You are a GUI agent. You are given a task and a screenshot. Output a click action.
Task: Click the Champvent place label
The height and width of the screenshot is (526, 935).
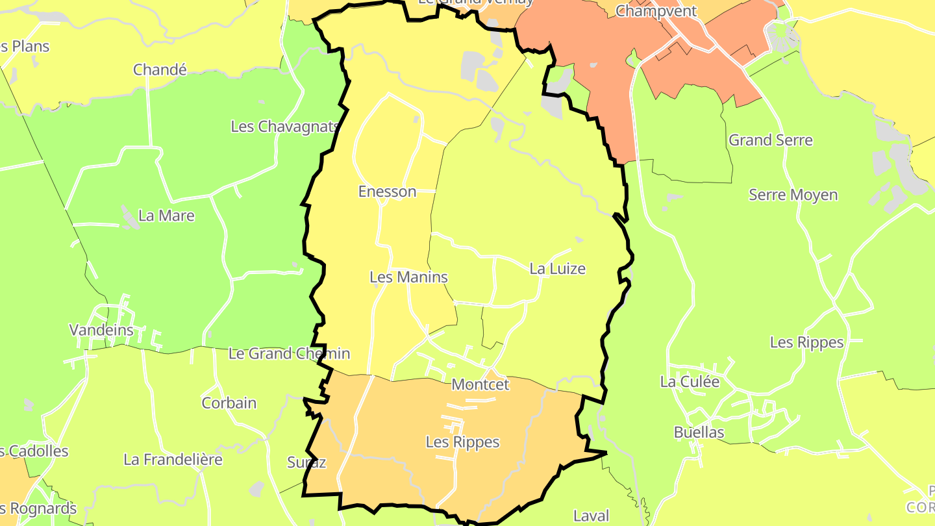[656, 11]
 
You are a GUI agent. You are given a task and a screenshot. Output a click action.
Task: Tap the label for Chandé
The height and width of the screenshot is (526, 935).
[160, 69]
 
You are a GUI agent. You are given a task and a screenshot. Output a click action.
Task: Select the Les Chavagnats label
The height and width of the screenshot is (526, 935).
[285, 126]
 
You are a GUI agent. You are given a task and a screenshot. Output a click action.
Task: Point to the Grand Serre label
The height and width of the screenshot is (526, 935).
[770, 140]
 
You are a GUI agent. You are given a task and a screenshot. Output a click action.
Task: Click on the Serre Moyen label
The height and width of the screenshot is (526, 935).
[793, 195]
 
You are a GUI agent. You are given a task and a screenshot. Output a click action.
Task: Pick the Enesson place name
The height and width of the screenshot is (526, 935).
[387, 192]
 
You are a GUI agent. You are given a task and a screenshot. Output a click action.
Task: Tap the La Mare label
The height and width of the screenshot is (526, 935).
[166, 216]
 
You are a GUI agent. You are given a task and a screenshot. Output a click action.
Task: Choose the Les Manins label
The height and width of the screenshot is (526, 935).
[408, 277]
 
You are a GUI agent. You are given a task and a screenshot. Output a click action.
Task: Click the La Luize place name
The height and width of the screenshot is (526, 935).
[557, 268]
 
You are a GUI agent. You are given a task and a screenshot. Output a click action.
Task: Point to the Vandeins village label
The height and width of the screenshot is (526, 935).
[101, 330]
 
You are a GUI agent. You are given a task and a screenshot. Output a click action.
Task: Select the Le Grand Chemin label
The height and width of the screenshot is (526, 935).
[289, 354]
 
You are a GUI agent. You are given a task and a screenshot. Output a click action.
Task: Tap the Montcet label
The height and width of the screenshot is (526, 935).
[480, 384]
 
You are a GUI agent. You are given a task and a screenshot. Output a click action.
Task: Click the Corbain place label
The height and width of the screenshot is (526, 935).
[229, 403]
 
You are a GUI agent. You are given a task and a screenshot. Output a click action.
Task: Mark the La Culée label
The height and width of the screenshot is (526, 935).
[690, 382]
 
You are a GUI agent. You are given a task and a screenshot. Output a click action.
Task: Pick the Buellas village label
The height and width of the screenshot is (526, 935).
[699, 432]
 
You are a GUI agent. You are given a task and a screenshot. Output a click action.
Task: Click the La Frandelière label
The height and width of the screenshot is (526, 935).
[173, 460]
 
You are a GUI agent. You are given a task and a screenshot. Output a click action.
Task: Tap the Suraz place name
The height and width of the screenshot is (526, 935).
[306, 462]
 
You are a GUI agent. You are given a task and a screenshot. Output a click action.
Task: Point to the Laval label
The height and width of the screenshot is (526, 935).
[592, 516]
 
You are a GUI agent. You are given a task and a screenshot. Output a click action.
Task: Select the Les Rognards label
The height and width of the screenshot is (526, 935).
[38, 508]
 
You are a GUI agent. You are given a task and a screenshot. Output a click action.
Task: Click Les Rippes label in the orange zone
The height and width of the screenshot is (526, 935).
[462, 442]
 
